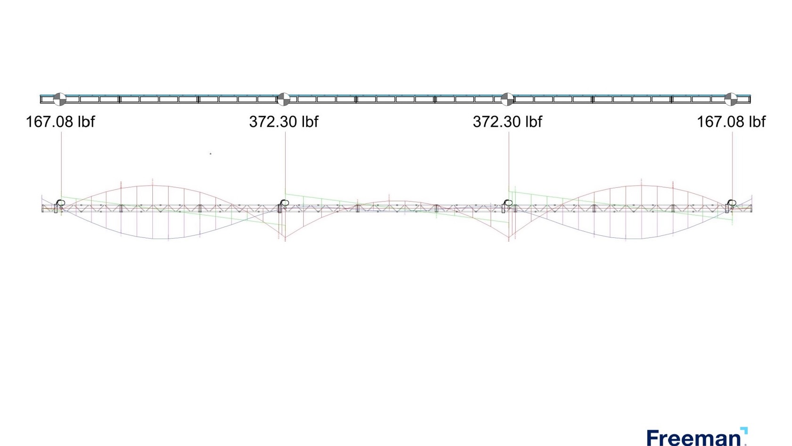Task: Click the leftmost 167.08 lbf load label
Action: click(x=60, y=122)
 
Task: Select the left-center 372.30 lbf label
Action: click(x=283, y=122)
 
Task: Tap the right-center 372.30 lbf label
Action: click(x=507, y=122)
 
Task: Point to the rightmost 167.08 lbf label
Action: click(x=731, y=122)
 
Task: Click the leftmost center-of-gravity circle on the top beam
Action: click(x=59, y=99)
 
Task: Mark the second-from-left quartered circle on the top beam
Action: click(x=283, y=99)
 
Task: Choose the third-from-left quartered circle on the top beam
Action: click(x=507, y=99)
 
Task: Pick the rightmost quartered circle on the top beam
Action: click(x=730, y=99)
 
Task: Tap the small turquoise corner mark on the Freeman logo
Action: click(x=744, y=430)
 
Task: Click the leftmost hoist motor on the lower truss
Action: click(x=60, y=204)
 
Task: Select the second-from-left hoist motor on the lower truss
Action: click(x=284, y=204)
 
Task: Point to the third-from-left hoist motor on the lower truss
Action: click(x=507, y=204)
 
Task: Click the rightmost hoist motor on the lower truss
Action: click(x=731, y=204)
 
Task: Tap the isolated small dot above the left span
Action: click(x=210, y=153)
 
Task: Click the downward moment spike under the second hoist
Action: click(x=285, y=238)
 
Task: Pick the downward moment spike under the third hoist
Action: click(x=509, y=238)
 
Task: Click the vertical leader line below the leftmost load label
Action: click(x=61, y=160)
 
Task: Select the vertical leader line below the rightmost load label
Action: click(x=732, y=160)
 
